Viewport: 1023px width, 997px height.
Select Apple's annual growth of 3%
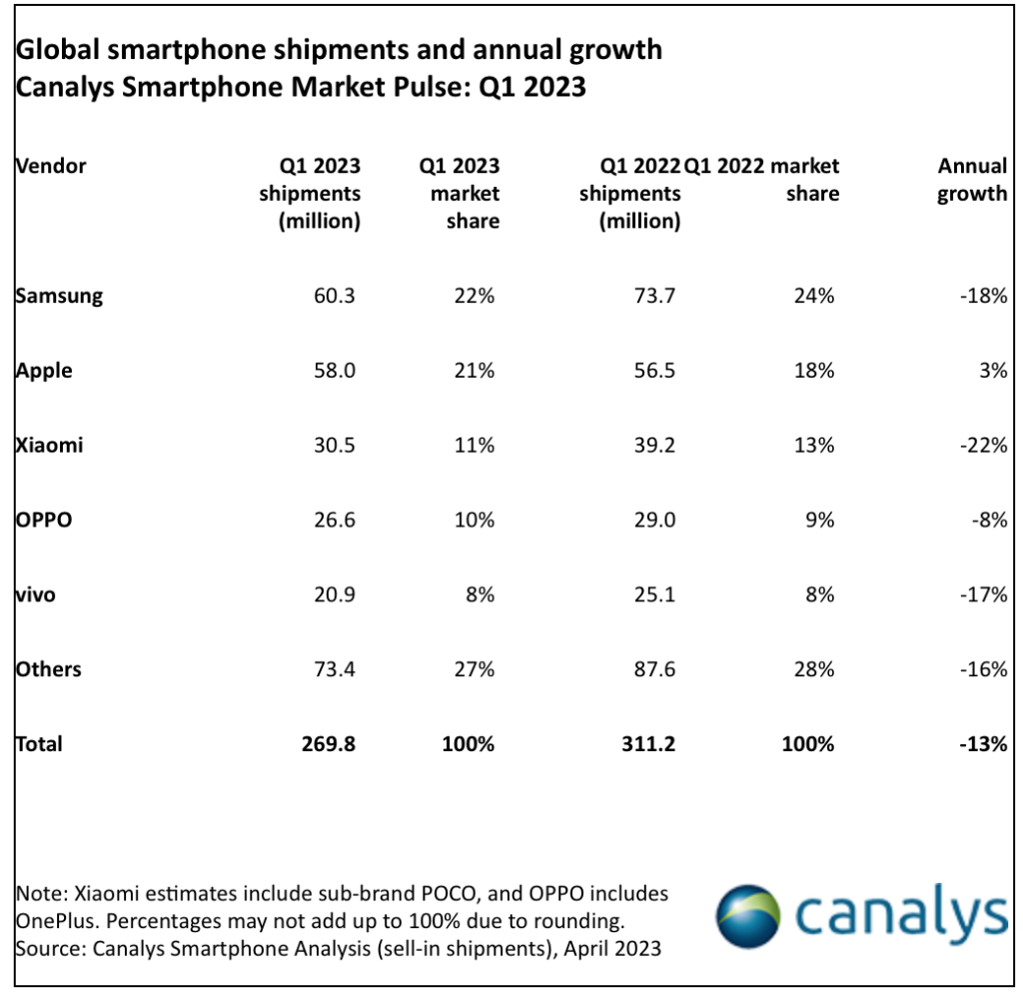[x=993, y=371]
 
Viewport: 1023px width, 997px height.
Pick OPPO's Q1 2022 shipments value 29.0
[x=652, y=519]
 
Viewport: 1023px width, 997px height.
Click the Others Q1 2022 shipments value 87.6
[x=652, y=669]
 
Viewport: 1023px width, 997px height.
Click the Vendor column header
[x=52, y=166]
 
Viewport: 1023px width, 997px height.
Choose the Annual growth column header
[x=972, y=180]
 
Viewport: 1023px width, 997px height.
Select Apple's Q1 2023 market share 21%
[x=476, y=371]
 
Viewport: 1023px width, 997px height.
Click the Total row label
[x=40, y=744]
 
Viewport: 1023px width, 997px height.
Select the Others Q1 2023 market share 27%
[x=476, y=669]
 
